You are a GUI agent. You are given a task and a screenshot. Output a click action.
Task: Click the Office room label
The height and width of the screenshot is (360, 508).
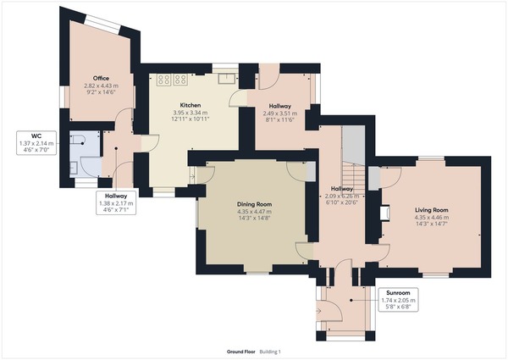[x=101, y=78]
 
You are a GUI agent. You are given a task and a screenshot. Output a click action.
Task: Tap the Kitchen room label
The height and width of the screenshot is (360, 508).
[x=190, y=105]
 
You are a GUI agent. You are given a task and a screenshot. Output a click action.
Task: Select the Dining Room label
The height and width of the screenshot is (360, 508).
[x=254, y=204]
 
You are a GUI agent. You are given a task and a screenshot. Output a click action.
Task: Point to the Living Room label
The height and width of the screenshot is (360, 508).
[x=432, y=210]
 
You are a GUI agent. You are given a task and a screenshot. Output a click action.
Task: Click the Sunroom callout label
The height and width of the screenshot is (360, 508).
[x=398, y=292]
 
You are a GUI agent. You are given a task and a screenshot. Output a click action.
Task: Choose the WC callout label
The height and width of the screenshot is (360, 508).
[x=36, y=136]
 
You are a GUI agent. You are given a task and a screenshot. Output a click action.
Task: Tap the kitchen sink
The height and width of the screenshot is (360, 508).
[x=226, y=79]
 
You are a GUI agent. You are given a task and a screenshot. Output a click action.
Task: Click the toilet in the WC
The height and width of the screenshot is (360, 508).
[x=77, y=139]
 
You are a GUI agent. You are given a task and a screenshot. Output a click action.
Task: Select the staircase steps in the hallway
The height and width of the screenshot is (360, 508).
[x=354, y=179]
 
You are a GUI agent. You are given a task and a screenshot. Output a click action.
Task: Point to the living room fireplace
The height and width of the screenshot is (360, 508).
[x=385, y=213]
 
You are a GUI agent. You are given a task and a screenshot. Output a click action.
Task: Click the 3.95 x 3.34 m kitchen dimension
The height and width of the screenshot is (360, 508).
[x=190, y=113]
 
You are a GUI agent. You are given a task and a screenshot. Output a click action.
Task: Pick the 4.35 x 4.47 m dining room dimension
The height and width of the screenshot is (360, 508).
[x=254, y=212]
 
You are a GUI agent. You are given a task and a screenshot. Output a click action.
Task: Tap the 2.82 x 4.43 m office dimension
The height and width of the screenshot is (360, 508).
[x=101, y=86]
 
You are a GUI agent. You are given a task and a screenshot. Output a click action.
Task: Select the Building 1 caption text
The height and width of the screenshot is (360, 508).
[x=270, y=352]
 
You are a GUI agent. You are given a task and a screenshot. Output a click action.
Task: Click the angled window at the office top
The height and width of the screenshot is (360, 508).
[x=102, y=24]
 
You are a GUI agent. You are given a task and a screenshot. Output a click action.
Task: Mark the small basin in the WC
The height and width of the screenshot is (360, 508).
[x=74, y=169]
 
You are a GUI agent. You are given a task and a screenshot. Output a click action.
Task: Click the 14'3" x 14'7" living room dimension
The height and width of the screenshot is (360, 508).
[x=432, y=224]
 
